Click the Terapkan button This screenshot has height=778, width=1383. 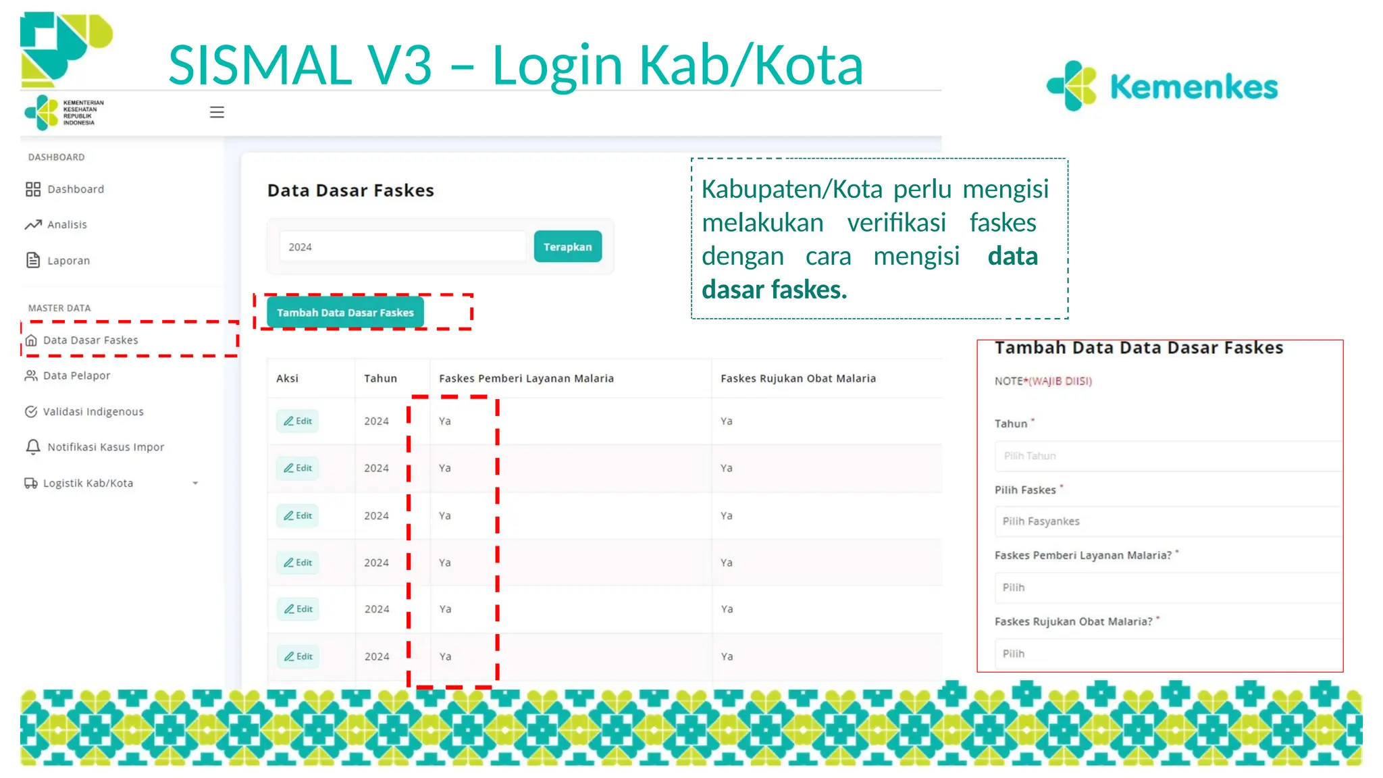567,247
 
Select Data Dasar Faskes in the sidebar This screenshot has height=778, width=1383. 90,340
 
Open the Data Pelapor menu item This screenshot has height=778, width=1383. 76,375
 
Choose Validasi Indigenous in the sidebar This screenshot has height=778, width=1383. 93,411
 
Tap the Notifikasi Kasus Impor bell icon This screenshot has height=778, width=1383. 32,447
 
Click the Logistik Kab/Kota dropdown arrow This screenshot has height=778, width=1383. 195,484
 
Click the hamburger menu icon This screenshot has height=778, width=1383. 217,112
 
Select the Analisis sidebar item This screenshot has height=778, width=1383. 66,225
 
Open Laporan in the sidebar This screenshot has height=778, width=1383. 68,261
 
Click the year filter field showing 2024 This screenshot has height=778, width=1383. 402,247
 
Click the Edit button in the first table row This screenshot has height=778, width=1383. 298,421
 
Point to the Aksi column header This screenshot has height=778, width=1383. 287,379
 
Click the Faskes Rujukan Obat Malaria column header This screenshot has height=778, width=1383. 798,379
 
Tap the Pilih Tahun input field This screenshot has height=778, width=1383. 1167,457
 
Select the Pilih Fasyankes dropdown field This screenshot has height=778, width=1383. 1167,521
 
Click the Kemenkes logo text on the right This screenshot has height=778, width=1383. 1193,87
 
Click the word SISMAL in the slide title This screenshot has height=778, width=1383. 259,66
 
